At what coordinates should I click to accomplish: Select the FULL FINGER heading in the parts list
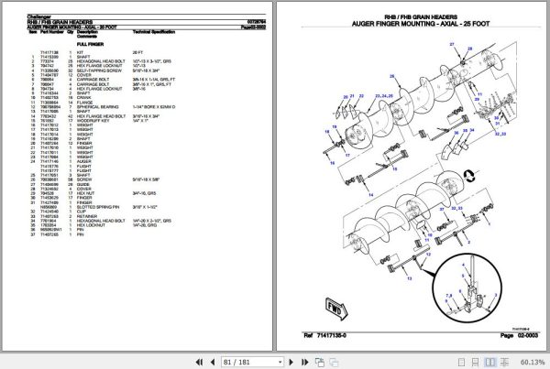pyautogui.click(x=89, y=43)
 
